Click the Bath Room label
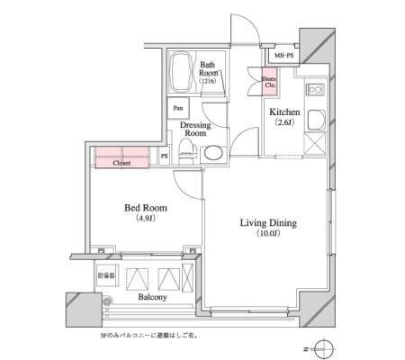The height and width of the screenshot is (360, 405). point(208,65)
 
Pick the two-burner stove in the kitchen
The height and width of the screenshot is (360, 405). point(316,90)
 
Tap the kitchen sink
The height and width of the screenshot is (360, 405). point(317,122)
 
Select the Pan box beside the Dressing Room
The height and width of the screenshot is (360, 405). point(175,110)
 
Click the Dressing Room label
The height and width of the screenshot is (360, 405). point(195,129)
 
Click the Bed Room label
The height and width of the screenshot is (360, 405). point(141,207)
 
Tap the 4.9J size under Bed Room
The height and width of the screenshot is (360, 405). point(141,219)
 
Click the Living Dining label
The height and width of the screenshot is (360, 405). point(268,223)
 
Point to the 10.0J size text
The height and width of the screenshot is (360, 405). point(268,234)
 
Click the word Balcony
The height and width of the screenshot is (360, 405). point(152,294)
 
